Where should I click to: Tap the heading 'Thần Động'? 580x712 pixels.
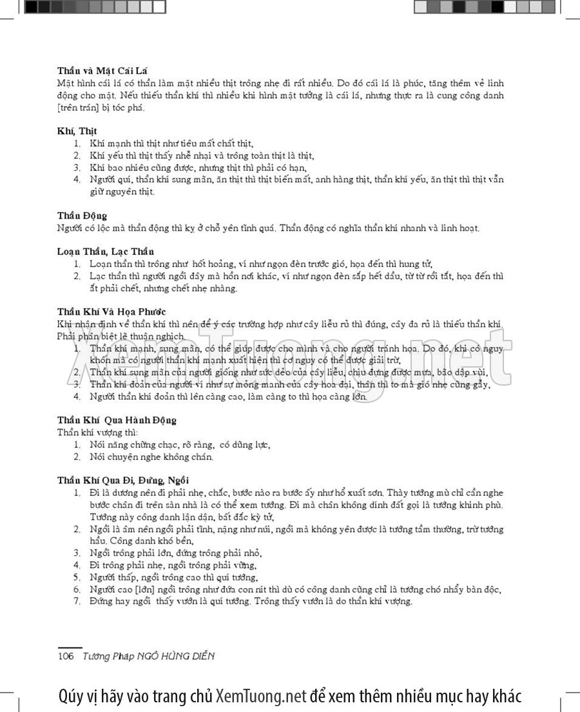click(82, 215)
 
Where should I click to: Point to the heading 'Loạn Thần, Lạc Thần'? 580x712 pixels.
click(105, 251)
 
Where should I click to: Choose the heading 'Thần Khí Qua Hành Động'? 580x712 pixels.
click(117, 420)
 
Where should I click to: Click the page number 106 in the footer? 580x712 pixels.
click(66, 656)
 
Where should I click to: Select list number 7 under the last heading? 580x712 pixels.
click(76, 601)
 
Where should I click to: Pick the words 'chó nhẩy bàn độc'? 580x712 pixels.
click(465, 589)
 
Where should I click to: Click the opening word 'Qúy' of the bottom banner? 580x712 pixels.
click(70, 697)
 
